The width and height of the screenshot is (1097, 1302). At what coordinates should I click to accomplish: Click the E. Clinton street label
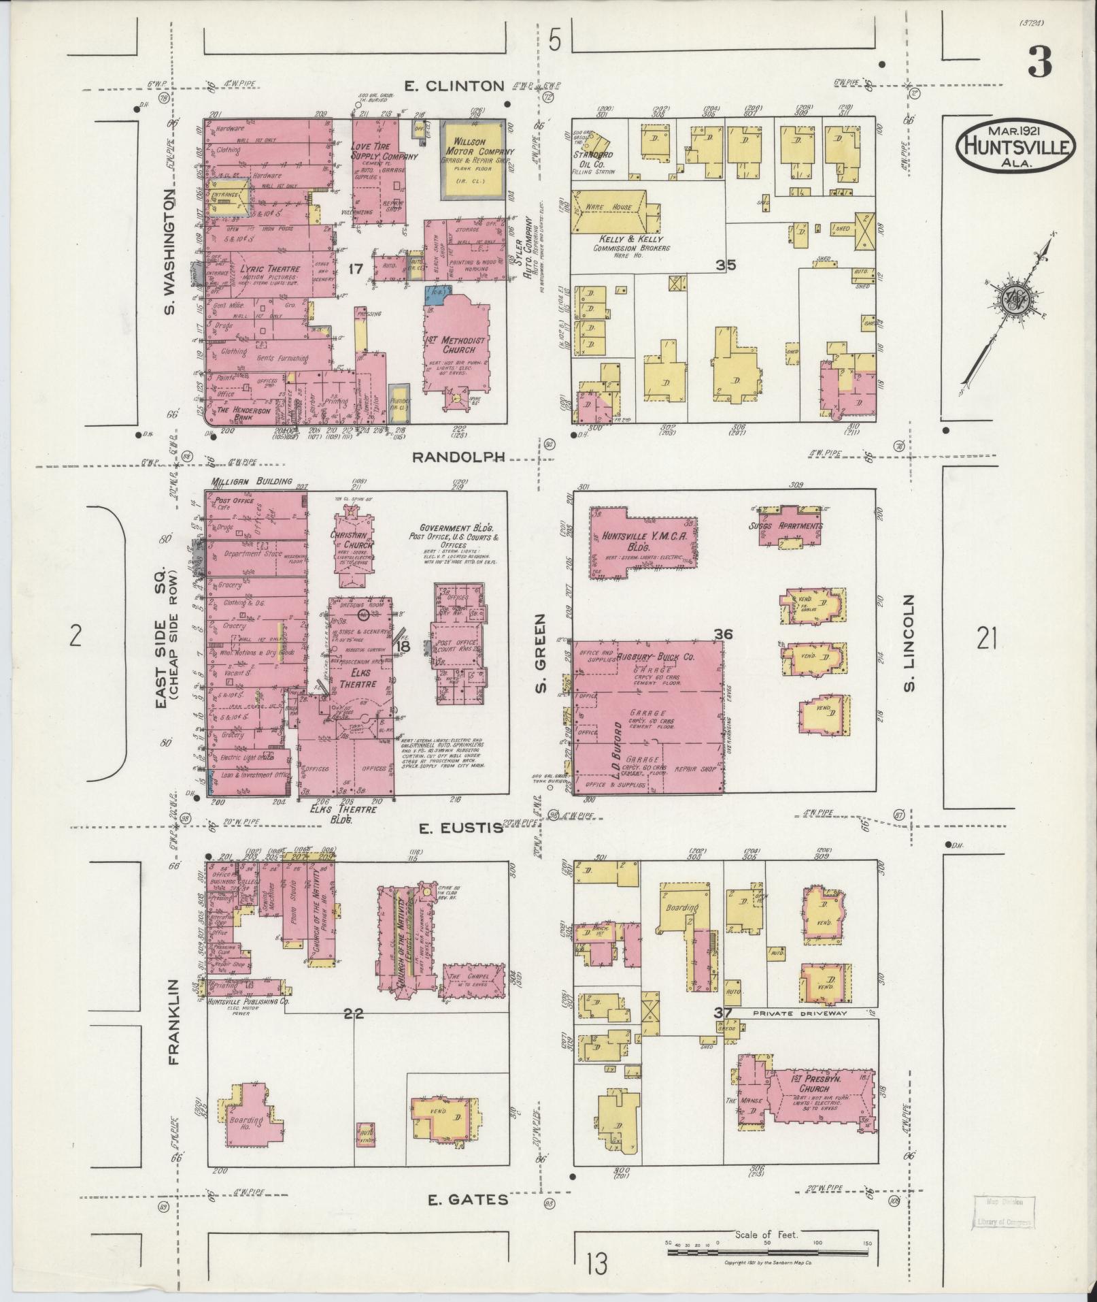click(454, 86)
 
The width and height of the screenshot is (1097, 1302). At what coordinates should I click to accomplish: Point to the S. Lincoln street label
click(910, 642)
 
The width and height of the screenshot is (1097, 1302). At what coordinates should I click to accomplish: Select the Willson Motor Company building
click(474, 159)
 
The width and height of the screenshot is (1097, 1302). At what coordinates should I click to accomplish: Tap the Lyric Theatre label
click(270, 269)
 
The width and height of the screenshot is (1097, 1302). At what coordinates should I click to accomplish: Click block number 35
click(726, 265)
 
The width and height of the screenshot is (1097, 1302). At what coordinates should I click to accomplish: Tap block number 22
click(354, 1013)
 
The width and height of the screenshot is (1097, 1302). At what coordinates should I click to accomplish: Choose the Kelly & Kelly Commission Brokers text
click(622, 244)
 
